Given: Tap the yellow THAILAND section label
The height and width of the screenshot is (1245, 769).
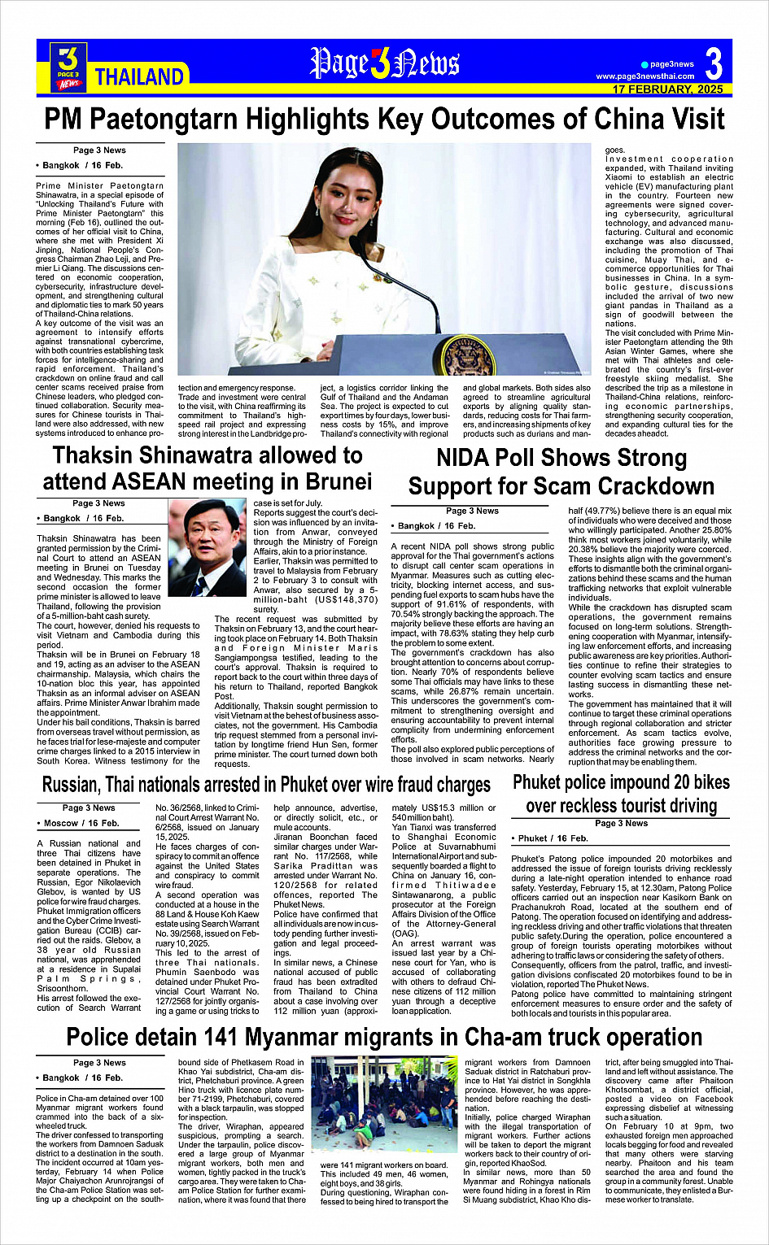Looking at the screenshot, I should coord(139,77).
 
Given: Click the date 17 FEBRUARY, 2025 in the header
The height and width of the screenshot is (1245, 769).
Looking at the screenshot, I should coord(667,89).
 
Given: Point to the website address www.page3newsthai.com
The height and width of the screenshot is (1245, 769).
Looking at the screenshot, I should coord(645,76).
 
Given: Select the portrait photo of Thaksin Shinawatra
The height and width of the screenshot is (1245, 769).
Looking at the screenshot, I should coord(207,537).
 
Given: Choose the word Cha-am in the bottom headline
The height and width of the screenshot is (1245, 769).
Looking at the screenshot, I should coord(496,1038).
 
